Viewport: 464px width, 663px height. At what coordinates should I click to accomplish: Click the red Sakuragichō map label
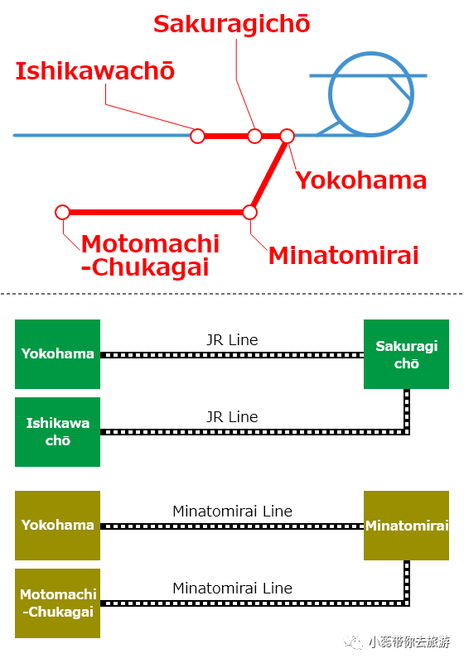point(231,24)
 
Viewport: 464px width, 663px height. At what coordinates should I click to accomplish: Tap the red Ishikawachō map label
point(95,71)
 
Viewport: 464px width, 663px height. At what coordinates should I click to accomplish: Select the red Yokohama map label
point(361,180)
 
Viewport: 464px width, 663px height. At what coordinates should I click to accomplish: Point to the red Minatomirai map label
point(343,256)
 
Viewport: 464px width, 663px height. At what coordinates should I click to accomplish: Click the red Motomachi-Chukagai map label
point(150,256)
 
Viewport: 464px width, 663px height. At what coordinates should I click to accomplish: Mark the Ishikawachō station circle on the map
point(197,136)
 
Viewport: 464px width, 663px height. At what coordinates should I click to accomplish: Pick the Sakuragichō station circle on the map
point(254,136)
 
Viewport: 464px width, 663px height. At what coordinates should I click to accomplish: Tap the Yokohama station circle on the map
point(287,136)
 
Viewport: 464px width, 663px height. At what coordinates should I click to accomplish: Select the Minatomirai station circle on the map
point(249,212)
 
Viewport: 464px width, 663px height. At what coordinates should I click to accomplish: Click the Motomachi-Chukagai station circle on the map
point(63,212)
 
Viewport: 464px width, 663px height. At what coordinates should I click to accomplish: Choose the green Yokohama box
point(57,354)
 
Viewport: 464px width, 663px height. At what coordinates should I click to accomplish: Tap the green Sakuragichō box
point(407,354)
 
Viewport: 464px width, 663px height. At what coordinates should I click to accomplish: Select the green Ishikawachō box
point(57,432)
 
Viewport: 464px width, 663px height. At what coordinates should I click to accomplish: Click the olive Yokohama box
point(57,526)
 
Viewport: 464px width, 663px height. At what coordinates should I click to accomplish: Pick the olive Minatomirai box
point(407,526)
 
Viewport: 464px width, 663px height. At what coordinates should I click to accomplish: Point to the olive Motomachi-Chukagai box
point(57,603)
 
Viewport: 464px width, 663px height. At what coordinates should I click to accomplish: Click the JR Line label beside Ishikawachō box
point(232,417)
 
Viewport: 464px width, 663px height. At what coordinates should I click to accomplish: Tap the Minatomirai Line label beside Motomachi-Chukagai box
point(233,589)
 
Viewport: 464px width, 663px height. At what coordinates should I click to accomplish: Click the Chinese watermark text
point(409,641)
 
